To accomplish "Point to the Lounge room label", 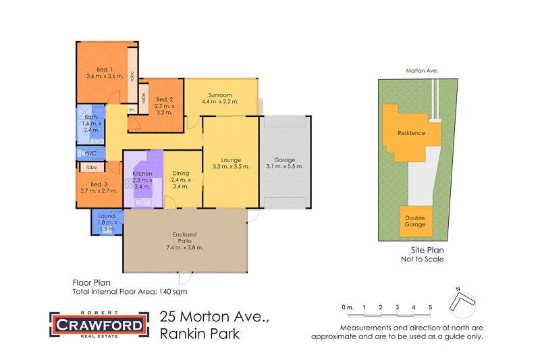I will click(230, 163).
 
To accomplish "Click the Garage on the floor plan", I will click(285, 163).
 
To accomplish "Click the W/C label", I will click(90, 153).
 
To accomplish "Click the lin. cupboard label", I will click(132, 109).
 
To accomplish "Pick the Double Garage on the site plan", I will click(415, 221).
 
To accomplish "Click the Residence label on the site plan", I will click(411, 132).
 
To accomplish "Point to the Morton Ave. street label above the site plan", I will click(423, 70).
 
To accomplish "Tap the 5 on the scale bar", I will click(430, 307).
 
